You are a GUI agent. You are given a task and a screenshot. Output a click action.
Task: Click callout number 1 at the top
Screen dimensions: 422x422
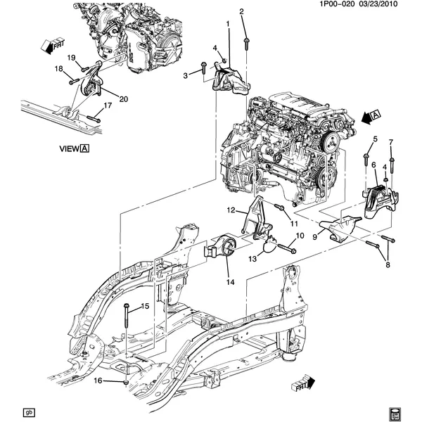pos(228,25)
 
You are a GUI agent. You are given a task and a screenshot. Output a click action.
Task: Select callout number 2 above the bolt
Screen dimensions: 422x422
pos(241,11)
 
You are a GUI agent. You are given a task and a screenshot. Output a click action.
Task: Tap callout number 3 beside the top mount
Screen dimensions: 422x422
pos(186,75)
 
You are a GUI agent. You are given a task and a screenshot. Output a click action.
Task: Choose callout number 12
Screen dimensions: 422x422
pos(230,210)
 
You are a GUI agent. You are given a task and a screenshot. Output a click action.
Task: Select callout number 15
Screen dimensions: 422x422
pos(146,306)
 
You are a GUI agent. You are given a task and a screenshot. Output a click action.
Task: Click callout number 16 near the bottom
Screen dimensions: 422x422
pos(98,381)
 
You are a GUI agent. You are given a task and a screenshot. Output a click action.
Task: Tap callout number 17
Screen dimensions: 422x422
pos(108,105)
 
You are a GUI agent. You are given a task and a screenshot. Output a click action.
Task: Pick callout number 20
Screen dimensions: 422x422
pos(124,99)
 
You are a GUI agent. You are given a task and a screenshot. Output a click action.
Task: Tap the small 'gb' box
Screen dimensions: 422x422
pos(29,412)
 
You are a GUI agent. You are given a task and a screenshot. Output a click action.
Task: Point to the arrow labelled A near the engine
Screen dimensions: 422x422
pos(369,116)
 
